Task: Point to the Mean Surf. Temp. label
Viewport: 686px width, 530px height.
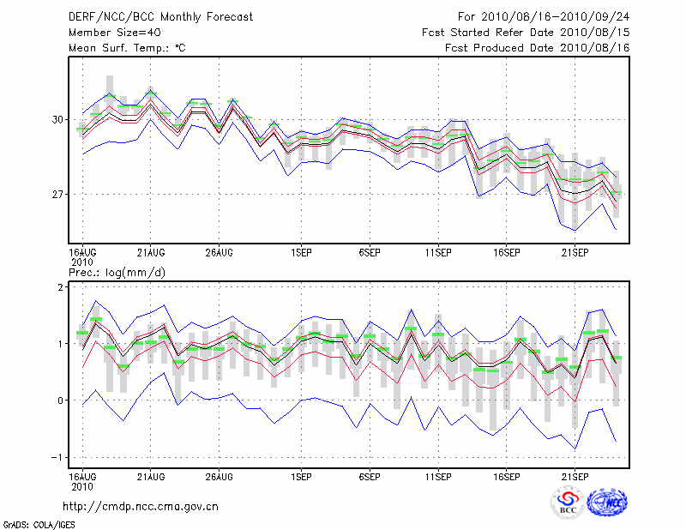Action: point(127,48)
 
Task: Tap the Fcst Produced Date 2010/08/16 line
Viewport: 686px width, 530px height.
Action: point(538,48)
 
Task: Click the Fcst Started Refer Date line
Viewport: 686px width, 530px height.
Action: point(526,33)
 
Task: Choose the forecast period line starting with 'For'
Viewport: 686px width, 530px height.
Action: point(544,17)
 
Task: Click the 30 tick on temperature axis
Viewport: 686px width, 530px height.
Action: point(57,119)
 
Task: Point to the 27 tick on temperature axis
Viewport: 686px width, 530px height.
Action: point(57,195)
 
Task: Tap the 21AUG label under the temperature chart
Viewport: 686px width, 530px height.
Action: point(151,253)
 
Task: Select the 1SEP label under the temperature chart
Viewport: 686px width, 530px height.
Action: point(301,253)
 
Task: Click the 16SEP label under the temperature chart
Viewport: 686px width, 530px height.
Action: point(506,253)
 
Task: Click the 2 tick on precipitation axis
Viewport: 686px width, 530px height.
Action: point(60,287)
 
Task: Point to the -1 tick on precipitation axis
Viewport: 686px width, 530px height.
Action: point(57,457)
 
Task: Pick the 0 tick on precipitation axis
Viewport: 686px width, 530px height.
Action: point(60,401)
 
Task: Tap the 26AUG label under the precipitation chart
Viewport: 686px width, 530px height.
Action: point(220,474)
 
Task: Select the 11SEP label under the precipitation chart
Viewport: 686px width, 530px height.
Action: point(438,474)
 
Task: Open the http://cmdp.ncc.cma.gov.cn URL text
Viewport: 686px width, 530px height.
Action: point(141,506)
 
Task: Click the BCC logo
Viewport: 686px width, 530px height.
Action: point(568,503)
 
